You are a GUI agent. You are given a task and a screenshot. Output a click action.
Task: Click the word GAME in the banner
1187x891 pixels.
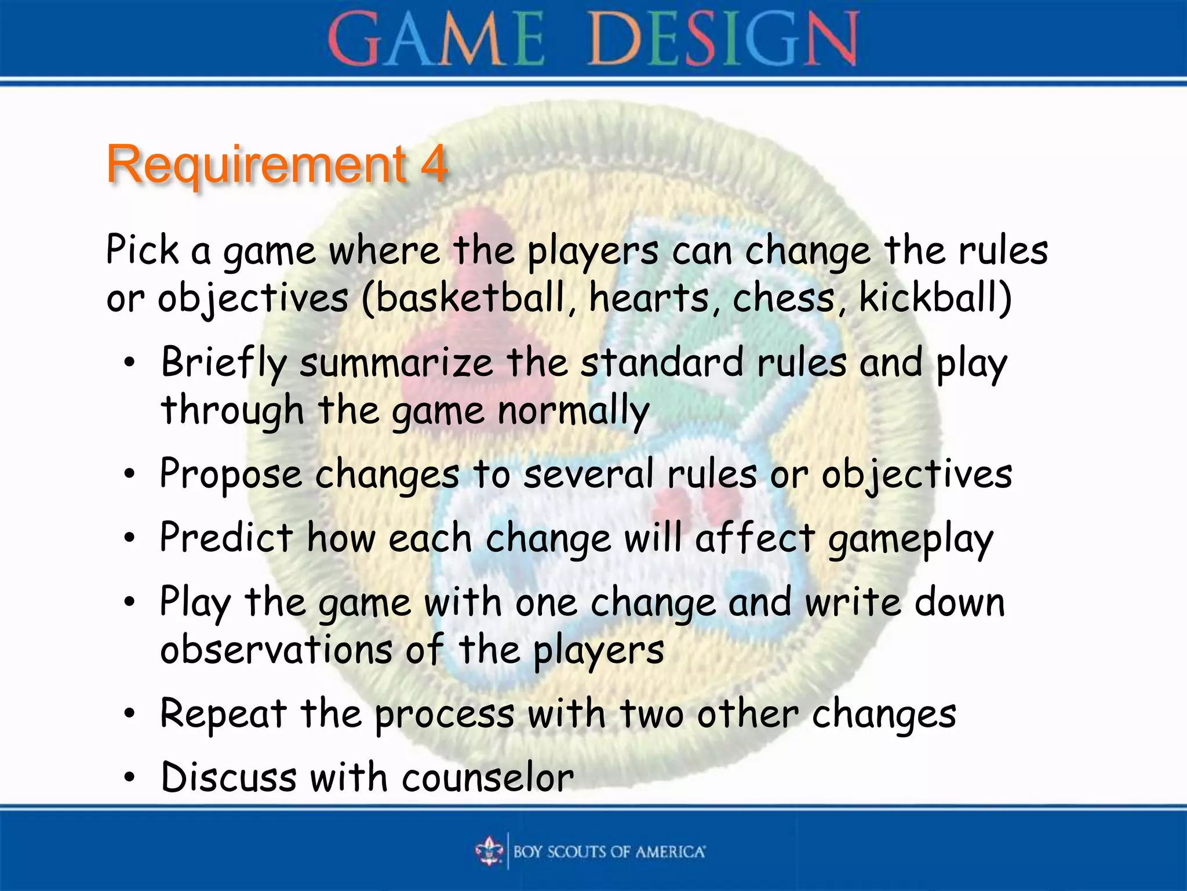tap(436, 39)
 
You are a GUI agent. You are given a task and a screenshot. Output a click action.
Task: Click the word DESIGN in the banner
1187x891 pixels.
tap(723, 39)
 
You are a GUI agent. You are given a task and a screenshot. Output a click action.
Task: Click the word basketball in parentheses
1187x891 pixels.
tap(471, 298)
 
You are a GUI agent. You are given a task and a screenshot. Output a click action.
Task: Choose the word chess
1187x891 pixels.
tap(783, 298)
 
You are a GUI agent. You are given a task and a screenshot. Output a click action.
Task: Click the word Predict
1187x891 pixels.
tap(226, 538)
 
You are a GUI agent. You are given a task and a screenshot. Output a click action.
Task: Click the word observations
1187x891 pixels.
tap(276, 650)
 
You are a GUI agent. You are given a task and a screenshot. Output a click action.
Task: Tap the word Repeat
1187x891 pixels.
tap(223, 714)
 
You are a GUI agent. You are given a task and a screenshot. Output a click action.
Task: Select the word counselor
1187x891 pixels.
tap(487, 778)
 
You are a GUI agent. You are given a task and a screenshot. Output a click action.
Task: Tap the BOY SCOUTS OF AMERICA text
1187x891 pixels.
tap(609, 852)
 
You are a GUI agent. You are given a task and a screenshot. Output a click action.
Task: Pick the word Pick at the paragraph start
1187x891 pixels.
tap(142, 251)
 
